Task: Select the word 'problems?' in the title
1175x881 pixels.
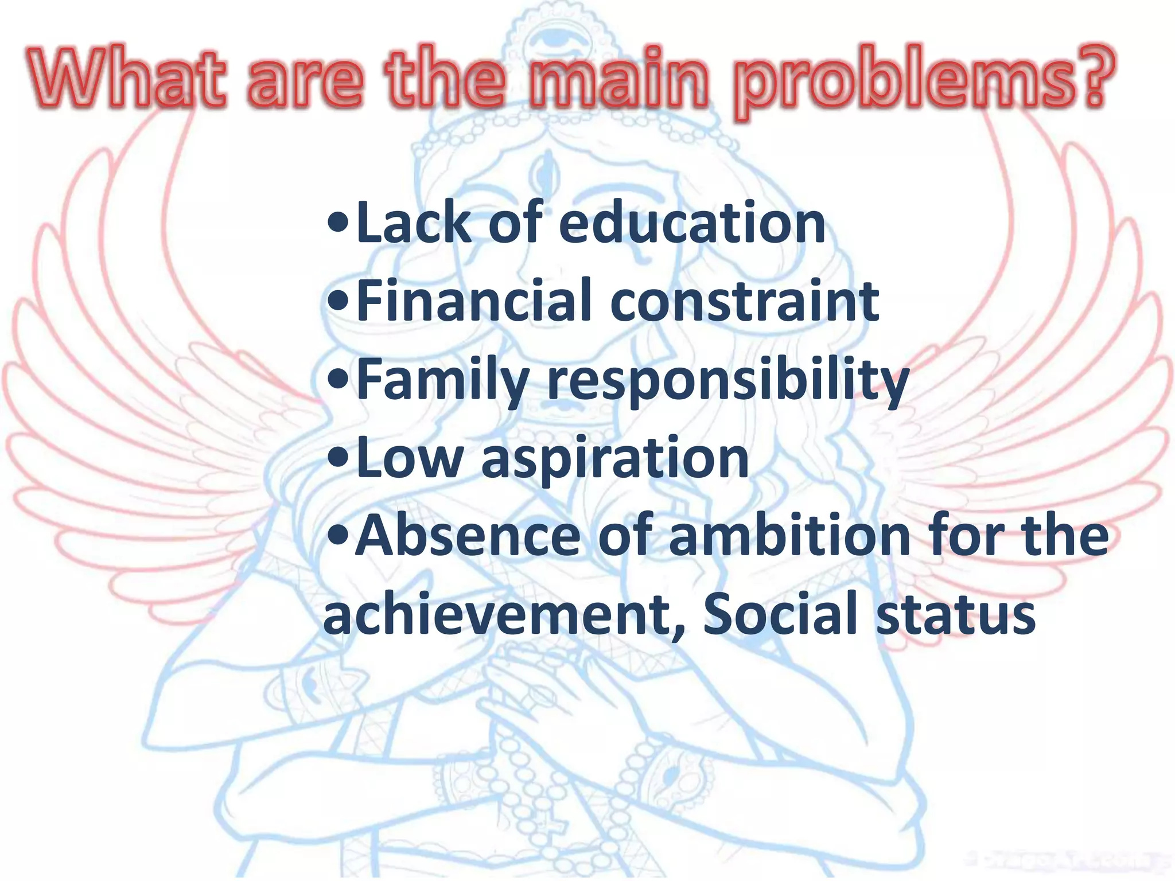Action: tap(925, 83)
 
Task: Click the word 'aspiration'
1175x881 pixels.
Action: tap(615, 459)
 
